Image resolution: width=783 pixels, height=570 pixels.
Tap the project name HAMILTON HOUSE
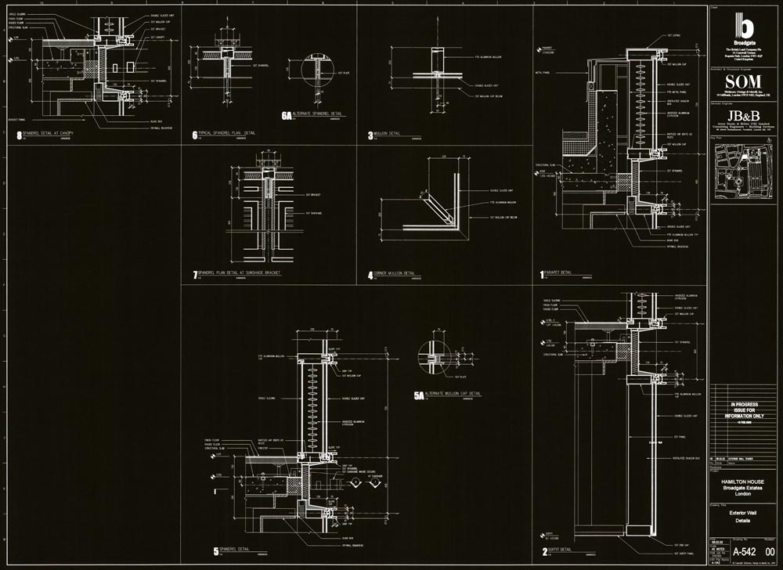pyautogui.click(x=745, y=483)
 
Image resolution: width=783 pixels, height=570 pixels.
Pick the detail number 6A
pyautogui.click(x=287, y=116)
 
